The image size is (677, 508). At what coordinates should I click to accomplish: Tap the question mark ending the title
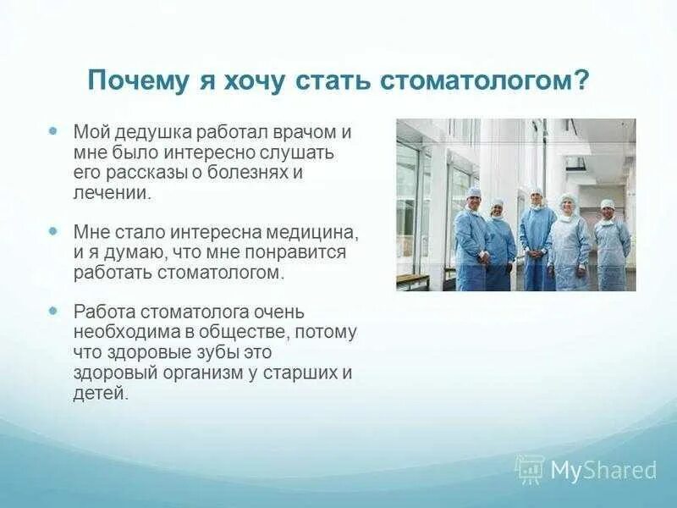(581, 80)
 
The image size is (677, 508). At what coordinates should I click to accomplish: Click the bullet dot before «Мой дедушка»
(52, 130)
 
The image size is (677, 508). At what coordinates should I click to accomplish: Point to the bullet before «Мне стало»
(52, 231)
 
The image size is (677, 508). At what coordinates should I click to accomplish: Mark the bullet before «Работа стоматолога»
(52, 311)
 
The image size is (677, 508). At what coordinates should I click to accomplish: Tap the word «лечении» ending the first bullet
(111, 193)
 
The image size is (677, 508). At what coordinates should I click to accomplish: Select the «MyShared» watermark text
(603, 470)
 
